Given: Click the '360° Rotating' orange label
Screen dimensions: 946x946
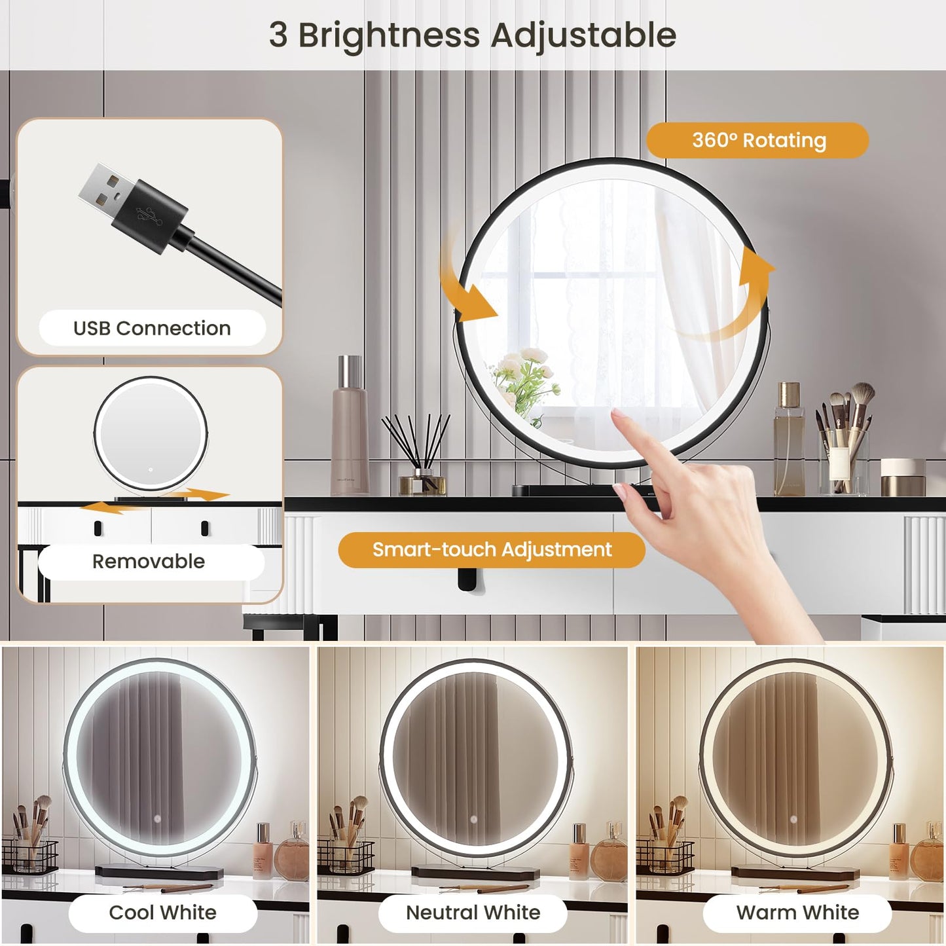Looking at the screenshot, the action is point(757,140).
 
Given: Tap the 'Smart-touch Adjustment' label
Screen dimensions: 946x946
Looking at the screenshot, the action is point(492,550).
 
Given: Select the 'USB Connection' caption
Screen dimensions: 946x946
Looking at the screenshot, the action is point(152,328).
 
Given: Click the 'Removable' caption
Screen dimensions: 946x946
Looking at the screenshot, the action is point(149,562).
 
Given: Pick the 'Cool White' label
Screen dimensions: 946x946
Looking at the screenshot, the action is point(162,913).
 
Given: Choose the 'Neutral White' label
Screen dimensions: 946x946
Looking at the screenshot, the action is point(473,913).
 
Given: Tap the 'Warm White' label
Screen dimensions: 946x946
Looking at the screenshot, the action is point(797,913).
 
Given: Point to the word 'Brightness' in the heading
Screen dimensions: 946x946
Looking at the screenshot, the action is point(389,36).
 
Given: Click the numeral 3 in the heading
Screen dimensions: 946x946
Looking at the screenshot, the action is point(278,35).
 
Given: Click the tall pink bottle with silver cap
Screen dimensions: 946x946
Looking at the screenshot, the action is point(350,425).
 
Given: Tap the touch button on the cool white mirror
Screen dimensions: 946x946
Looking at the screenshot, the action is point(157,819).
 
